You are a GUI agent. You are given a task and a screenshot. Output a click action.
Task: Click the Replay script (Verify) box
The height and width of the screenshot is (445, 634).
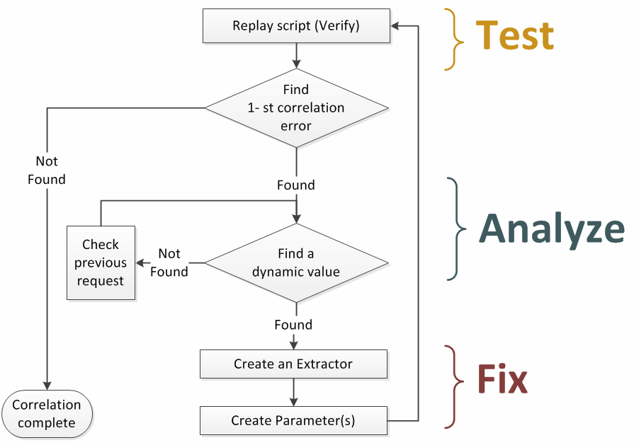[296, 26]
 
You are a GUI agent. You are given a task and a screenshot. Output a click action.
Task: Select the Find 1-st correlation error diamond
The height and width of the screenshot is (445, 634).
[296, 108]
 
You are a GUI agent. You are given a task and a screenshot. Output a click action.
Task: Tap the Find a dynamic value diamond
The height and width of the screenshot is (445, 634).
[296, 262]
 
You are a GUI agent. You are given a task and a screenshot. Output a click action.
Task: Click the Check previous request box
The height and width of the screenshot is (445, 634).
[101, 262]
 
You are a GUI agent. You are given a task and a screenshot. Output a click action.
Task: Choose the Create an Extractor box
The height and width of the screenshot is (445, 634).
[293, 364]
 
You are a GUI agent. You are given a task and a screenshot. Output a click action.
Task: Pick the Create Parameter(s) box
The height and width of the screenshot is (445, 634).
[293, 421]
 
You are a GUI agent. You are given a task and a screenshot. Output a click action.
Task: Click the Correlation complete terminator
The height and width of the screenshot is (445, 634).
[47, 414]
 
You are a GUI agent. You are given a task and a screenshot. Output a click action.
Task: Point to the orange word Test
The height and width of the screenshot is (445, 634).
[514, 35]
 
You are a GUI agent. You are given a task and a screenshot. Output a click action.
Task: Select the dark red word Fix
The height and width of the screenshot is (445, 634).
[502, 380]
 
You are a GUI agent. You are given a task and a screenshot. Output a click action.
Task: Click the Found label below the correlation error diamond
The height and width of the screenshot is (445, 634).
[295, 185]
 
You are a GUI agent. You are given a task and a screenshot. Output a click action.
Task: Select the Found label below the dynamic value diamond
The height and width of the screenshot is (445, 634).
[293, 325]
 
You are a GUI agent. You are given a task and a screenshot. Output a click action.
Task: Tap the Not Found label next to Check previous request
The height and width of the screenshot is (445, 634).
[169, 262]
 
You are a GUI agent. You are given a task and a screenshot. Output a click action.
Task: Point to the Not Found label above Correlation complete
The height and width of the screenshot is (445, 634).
[47, 171]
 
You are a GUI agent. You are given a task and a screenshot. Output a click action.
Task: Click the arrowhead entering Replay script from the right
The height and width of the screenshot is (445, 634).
[395, 26]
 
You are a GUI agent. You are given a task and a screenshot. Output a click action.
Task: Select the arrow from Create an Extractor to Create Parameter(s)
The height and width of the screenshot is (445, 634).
[293, 392]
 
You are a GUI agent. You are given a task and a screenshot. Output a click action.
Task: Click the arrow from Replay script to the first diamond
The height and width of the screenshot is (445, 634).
[296, 55]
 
